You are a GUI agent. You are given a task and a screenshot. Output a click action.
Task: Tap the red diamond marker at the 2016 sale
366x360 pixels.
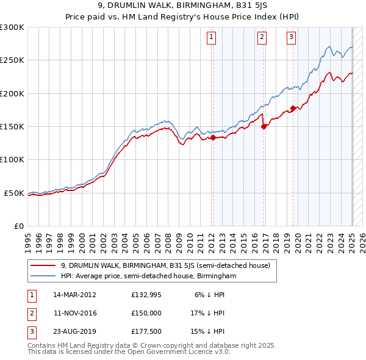click(x=264, y=127)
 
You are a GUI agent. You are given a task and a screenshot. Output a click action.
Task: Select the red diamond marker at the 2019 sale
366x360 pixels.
click(x=293, y=109)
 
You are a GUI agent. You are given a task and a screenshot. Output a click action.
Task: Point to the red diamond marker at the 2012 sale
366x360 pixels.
click(x=213, y=138)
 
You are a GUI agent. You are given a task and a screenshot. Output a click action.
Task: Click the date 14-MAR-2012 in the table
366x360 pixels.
click(x=75, y=294)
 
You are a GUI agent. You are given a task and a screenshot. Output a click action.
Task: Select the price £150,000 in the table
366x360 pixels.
click(x=146, y=313)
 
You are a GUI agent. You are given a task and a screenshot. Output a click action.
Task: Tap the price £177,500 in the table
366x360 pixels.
click(x=146, y=332)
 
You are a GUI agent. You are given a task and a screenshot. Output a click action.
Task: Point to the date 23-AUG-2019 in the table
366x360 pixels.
click(x=75, y=332)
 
